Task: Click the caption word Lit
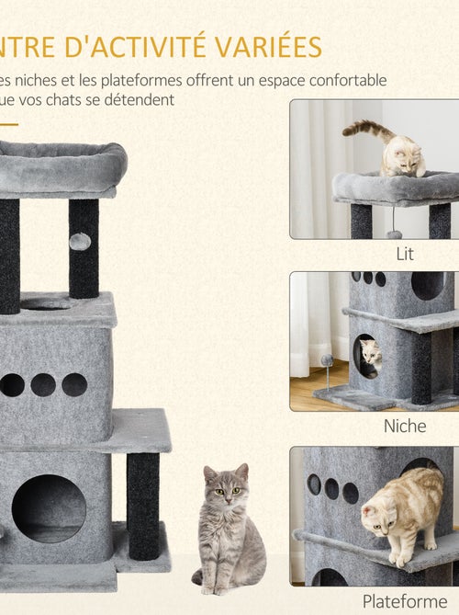405,254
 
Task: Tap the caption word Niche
405,427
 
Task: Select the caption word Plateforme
405,601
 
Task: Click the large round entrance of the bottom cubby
49,508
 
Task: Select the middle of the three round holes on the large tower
43,384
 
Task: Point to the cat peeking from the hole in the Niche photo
370,354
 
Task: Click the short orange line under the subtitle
9,123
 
